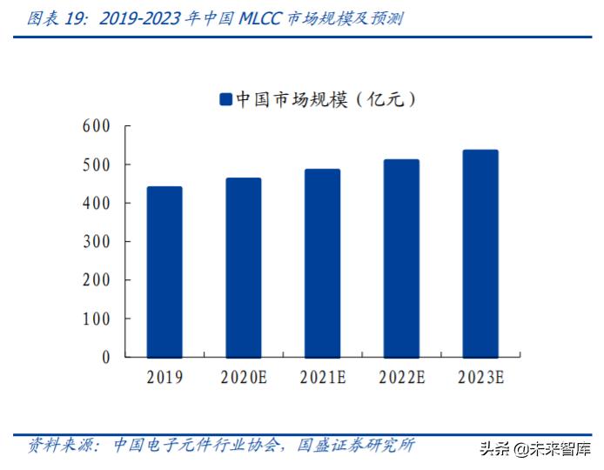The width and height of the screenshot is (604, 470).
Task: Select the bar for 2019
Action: tap(164, 272)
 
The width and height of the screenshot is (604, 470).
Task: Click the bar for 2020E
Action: tap(244, 267)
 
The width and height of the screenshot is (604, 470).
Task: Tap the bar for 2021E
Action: tap(322, 263)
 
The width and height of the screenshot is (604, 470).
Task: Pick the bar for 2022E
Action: tap(401, 258)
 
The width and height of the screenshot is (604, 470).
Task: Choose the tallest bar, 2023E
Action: tap(480, 253)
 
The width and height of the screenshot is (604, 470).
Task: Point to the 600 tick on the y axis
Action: tap(96, 126)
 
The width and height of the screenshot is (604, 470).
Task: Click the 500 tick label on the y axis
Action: tap(96, 164)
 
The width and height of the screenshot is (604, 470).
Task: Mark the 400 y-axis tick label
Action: tap(96, 203)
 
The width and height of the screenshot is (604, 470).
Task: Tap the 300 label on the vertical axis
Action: tap(96, 242)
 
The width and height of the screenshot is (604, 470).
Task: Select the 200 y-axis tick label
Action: tap(96, 280)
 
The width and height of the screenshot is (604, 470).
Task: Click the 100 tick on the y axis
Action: tap(96, 319)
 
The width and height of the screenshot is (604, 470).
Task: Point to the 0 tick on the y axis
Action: tap(105, 357)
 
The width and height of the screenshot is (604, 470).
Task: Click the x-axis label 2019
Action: tap(164, 378)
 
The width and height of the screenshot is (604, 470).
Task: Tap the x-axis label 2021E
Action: tap(322, 378)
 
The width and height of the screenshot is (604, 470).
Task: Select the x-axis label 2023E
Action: tap(480, 378)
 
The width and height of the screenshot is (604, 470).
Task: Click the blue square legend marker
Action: tap(225, 100)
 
